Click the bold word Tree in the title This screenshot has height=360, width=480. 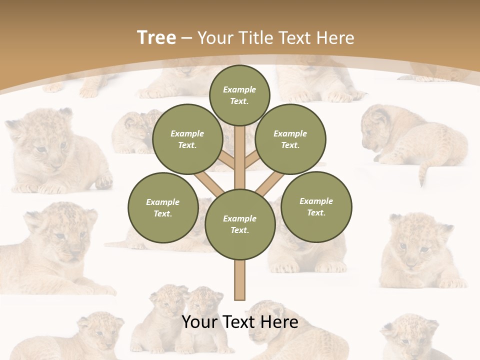[x=156, y=37]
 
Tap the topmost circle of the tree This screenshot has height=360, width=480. [x=239, y=95]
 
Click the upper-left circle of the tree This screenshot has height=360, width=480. [x=187, y=139]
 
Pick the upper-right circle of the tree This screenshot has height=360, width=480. [x=290, y=139]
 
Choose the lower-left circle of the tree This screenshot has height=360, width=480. [x=163, y=207]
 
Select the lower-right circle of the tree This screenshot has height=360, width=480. [x=316, y=206]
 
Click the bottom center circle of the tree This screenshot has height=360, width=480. [x=240, y=224]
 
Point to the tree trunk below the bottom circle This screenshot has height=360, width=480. [x=240, y=280]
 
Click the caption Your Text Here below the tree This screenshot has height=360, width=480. [x=240, y=321]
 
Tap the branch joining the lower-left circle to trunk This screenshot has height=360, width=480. [x=210, y=183]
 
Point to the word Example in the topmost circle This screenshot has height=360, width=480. [x=239, y=89]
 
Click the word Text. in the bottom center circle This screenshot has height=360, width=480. [x=239, y=230]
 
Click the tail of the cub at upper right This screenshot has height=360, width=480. [x=425, y=170]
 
